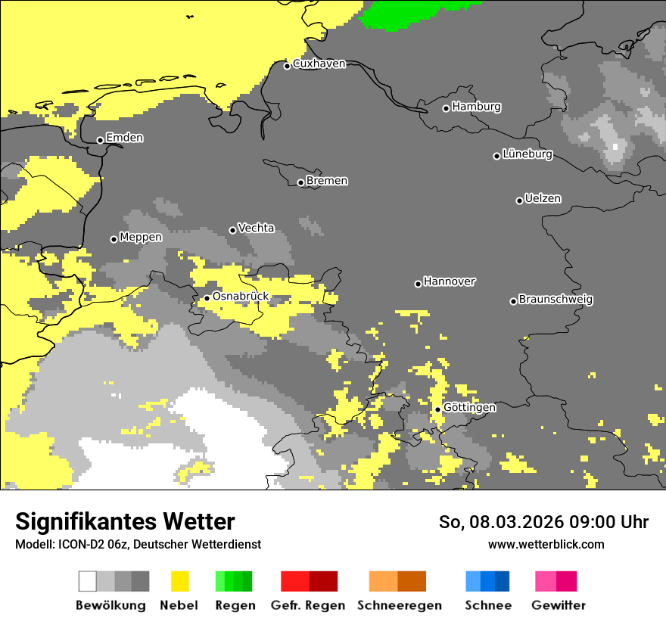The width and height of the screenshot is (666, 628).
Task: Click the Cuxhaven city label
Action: point(319,64)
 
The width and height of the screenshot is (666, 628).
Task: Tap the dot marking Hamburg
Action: point(446,108)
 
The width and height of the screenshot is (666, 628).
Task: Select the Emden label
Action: point(124,138)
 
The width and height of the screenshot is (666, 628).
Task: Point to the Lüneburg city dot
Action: point(496,156)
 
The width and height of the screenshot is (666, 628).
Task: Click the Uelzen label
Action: point(543,198)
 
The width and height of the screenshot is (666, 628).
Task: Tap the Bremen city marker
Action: point(300,182)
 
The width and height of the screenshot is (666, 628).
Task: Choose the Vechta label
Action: point(256,228)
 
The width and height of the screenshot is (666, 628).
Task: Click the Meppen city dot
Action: point(114,239)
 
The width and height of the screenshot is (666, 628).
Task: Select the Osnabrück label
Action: point(240,296)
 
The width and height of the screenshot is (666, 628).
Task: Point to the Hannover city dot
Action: point(418,284)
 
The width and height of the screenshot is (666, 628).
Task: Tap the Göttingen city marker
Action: point(437,409)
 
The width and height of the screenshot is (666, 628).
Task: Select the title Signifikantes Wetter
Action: point(125,521)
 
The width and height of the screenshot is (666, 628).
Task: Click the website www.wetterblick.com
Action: point(546,544)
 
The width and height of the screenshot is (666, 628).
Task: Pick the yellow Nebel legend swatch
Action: point(179,581)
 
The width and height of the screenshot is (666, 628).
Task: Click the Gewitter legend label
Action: point(558,605)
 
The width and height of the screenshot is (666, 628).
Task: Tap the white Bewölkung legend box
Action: point(88,581)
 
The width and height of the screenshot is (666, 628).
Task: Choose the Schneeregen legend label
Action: point(399,605)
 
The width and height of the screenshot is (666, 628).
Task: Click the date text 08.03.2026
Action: point(506,522)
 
